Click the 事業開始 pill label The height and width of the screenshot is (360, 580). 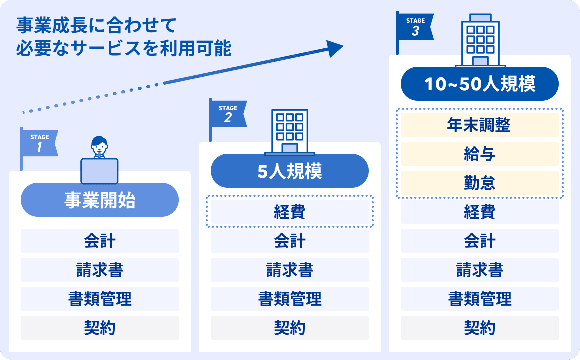tap(100, 200)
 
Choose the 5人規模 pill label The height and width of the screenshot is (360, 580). tap(290, 171)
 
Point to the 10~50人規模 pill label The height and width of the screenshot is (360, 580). tap(480, 84)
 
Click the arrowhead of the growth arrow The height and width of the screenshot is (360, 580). tap(335, 48)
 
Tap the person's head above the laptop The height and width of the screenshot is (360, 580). tap(99, 145)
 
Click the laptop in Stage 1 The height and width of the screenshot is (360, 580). tap(99, 171)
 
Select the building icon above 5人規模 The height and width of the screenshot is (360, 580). tap(290, 132)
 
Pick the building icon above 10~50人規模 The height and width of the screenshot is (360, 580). tap(480, 40)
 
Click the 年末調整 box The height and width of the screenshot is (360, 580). tap(480, 125)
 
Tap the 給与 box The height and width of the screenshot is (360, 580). tap(480, 154)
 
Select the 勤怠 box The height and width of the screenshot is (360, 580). tap(480, 183)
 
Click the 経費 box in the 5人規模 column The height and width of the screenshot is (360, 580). tap(290, 212)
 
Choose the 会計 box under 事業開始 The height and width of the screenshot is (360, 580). tap(100, 241)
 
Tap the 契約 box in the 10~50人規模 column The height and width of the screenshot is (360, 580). tap(480, 328)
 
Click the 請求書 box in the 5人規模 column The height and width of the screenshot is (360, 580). tap(290, 270)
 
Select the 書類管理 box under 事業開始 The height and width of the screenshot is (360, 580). tap(100, 299)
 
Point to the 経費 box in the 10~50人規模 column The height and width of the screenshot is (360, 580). tap(480, 212)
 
